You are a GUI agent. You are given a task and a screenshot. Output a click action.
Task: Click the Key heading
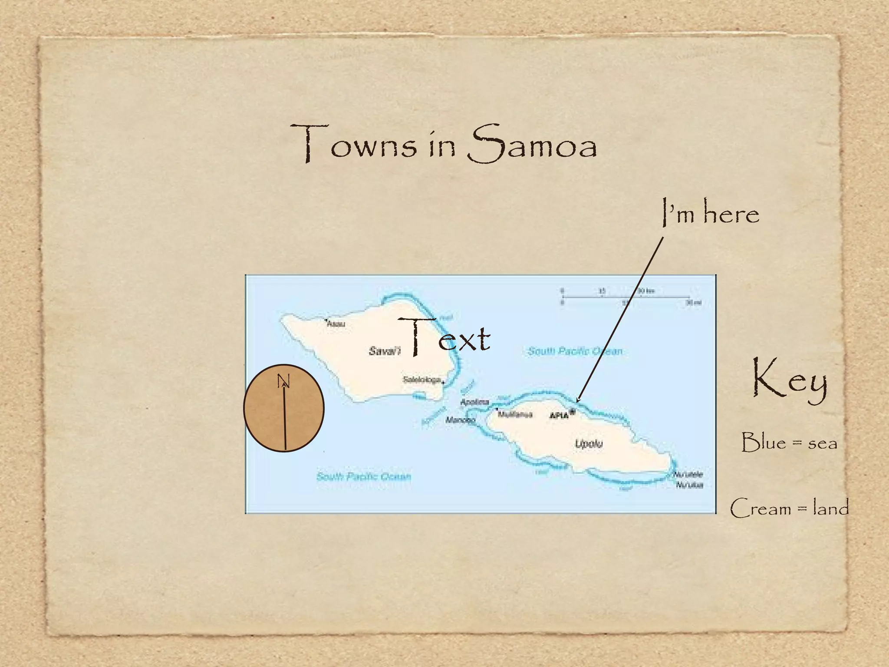point(790,380)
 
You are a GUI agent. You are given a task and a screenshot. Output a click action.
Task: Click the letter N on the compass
point(283,381)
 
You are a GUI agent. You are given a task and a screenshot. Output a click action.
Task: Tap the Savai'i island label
point(385,351)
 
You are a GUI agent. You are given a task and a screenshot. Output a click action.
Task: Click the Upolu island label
point(589,443)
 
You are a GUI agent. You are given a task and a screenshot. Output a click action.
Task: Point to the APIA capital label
point(559,416)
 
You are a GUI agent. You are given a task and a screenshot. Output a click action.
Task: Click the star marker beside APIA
point(573,412)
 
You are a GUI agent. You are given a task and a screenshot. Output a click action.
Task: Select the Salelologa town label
point(421,380)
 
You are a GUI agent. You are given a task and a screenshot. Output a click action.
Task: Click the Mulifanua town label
point(515,414)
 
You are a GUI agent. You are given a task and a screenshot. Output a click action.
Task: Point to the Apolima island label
point(474,402)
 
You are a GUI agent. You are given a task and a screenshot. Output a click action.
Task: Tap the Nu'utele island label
point(688,475)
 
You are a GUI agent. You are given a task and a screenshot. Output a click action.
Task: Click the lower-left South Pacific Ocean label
point(364,476)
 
